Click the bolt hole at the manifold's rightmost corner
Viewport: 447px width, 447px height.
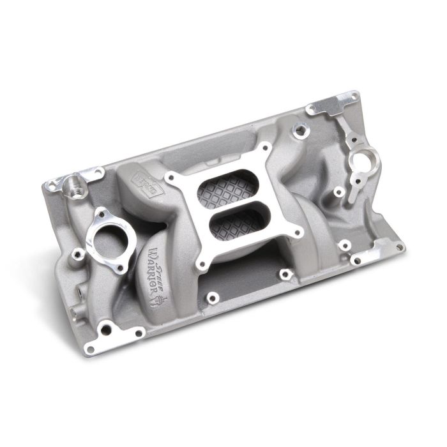(398, 246)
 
